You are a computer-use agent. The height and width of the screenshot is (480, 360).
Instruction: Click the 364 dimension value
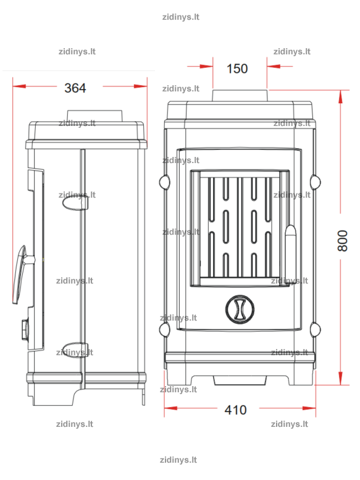[75, 88]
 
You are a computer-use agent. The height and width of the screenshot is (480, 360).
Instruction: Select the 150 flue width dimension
[237, 69]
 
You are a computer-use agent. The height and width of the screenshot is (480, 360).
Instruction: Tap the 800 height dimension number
[343, 240]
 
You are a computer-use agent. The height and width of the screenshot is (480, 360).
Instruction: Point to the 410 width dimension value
[235, 410]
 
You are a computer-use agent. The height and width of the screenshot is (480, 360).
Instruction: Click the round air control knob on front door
[240, 309]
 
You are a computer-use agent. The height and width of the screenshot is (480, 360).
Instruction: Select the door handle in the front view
[291, 251]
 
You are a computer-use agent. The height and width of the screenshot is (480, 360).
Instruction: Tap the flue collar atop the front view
[240, 96]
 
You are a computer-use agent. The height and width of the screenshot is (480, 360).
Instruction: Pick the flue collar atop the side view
[94, 116]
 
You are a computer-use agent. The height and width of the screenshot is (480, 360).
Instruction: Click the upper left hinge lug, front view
[164, 182]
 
